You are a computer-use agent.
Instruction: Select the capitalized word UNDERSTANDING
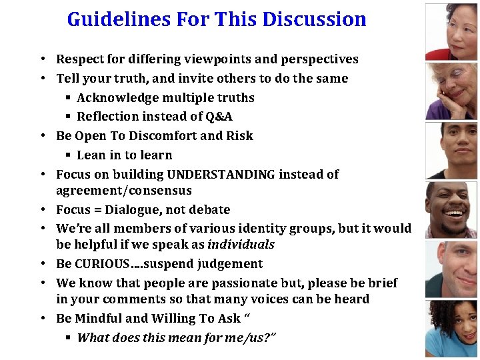(x=221, y=175)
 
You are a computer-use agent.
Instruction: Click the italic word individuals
(x=241, y=245)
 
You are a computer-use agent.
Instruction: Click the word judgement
(x=231, y=264)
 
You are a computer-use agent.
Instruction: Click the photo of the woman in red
(x=451, y=31)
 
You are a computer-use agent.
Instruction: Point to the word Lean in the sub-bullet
(x=91, y=155)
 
